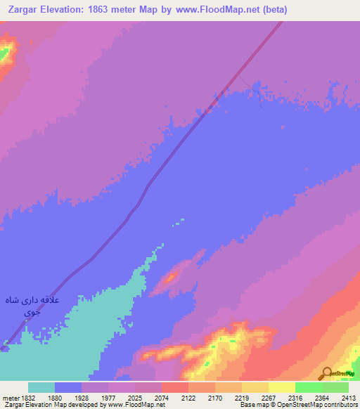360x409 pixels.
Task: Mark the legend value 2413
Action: [349, 397]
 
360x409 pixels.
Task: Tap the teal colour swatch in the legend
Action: [41, 387]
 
